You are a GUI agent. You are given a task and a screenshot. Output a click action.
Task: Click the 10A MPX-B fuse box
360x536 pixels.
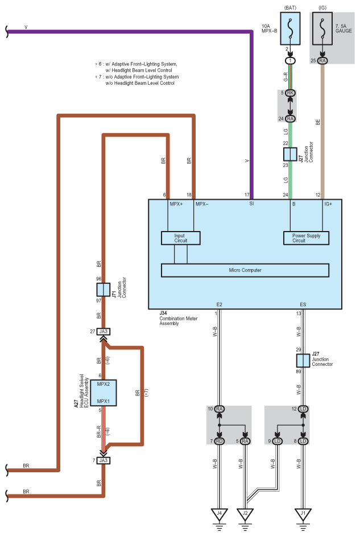click(x=290, y=28)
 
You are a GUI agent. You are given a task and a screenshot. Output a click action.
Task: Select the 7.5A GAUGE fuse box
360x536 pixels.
click(x=322, y=28)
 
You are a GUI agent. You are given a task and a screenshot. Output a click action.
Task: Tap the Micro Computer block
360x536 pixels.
click(x=245, y=270)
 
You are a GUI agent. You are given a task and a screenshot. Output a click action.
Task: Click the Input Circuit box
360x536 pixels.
click(x=181, y=238)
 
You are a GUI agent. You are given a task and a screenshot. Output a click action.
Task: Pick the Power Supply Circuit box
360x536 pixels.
click(x=306, y=238)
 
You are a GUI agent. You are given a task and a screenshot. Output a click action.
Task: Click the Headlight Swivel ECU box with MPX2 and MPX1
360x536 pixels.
click(x=104, y=393)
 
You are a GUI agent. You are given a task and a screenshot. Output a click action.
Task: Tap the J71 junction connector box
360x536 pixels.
click(x=104, y=290)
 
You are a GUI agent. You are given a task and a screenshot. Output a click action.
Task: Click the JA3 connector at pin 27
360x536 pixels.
click(x=104, y=331)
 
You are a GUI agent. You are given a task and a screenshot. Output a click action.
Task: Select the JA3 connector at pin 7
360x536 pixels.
click(x=104, y=460)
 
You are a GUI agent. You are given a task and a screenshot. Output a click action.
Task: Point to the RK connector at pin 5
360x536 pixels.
click(x=290, y=93)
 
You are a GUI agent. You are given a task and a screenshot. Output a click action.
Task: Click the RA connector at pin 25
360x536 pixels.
click(x=322, y=60)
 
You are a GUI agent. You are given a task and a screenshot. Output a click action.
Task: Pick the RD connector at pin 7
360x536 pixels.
click(x=220, y=441)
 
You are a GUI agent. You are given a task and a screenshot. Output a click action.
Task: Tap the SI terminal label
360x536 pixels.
click(x=251, y=204)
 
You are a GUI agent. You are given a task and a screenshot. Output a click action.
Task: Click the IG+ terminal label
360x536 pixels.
click(x=328, y=204)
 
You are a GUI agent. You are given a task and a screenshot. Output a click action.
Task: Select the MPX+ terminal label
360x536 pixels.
click(x=176, y=204)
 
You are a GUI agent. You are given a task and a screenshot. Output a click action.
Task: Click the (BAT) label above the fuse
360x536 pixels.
click(x=290, y=7)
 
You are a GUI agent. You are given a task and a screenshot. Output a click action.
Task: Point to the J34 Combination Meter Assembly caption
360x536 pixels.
click(x=178, y=318)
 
